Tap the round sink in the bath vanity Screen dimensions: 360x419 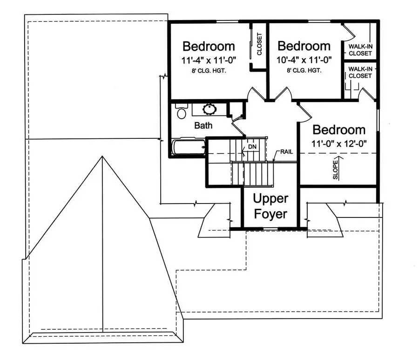coord(209,109)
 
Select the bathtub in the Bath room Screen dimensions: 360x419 coord(189,147)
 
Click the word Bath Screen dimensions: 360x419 coord(203,125)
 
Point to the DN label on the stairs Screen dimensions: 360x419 coord(252,147)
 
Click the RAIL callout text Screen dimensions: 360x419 coord(286,152)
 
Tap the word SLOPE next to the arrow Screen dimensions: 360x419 coord(335,170)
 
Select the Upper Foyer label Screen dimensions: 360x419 coord(270,207)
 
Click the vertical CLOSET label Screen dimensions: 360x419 coord(259,44)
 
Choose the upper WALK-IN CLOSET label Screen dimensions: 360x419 coord(360,49)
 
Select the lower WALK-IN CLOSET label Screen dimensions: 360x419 coord(360,72)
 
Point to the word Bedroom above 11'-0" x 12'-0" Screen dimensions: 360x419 coord(338,129)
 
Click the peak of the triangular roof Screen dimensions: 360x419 coord(102,157)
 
